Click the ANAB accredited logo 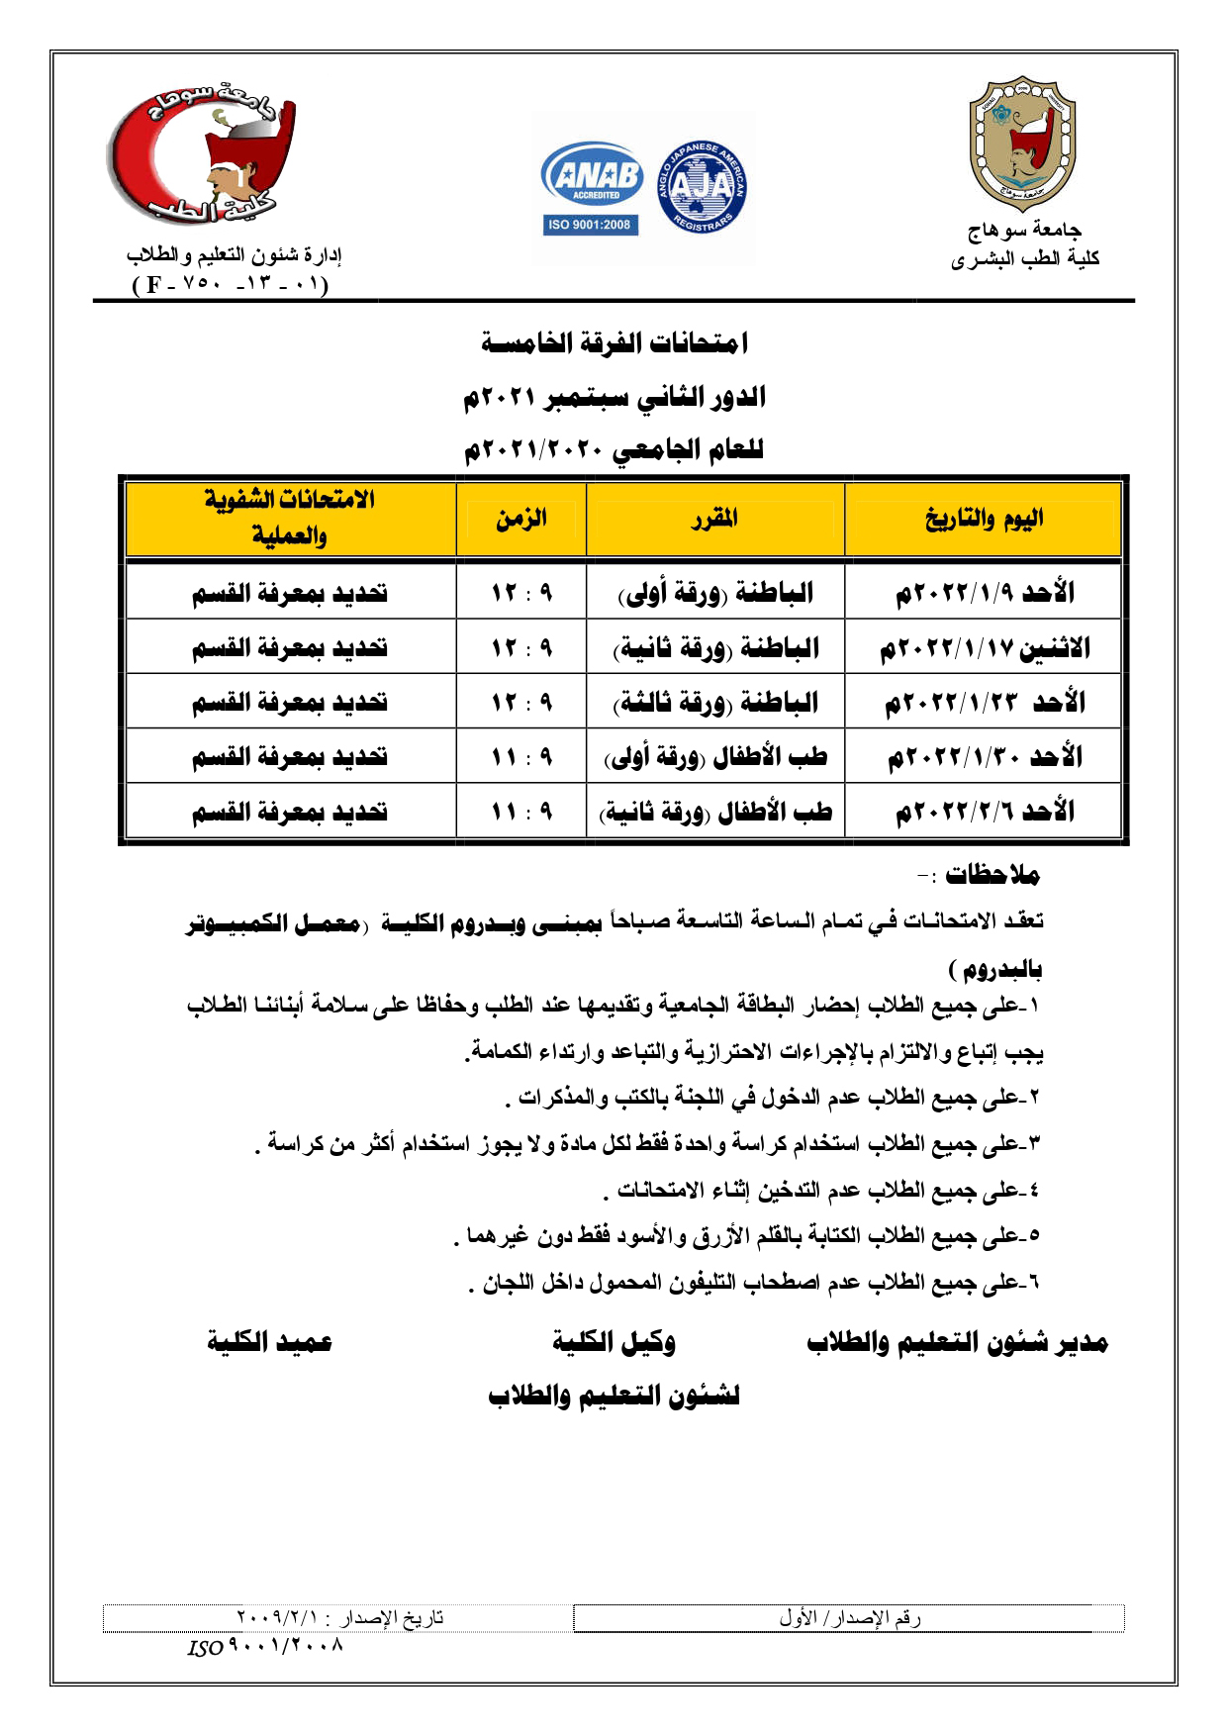(x=592, y=175)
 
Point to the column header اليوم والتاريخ (x=984, y=519)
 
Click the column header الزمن (x=521, y=519)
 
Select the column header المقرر (x=714, y=519)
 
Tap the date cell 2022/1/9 (x=984, y=593)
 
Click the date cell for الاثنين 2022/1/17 (x=984, y=648)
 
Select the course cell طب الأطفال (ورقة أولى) (x=714, y=758)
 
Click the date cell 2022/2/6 (x=984, y=812)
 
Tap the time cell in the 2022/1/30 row (x=521, y=758)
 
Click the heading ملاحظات (x=992, y=875)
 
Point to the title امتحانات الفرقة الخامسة (x=614, y=343)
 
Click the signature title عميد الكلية (x=269, y=1342)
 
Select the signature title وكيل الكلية (x=614, y=1342)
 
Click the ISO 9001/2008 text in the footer (x=265, y=1649)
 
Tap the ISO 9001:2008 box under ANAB (x=590, y=225)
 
